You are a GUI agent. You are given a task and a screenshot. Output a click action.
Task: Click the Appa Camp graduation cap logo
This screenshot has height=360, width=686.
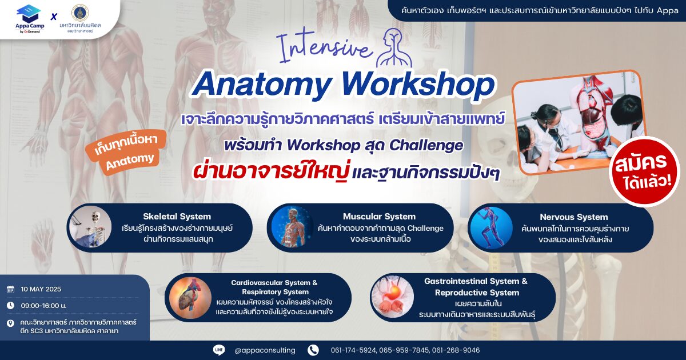(29, 14)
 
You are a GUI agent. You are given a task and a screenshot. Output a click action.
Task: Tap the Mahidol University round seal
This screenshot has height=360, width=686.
(80, 12)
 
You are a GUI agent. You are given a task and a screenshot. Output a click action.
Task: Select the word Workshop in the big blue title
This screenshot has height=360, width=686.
(418, 84)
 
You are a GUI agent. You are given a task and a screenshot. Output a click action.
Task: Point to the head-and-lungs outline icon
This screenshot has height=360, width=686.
(394, 48)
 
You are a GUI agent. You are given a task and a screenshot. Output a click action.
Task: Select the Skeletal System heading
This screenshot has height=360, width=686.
(177, 217)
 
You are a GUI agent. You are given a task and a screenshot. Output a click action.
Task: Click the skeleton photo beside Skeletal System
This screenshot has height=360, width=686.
(90, 226)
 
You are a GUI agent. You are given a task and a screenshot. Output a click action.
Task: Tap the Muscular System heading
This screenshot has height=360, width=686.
(379, 217)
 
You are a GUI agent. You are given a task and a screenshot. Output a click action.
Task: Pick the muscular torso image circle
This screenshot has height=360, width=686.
(293, 226)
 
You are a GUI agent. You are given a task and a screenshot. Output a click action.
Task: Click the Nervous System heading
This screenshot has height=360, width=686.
(573, 217)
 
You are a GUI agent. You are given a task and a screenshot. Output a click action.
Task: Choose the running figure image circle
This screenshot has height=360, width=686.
(492, 228)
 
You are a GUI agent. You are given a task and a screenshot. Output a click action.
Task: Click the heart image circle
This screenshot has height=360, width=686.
(190, 298)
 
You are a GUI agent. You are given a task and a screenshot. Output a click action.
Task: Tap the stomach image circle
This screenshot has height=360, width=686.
(392, 297)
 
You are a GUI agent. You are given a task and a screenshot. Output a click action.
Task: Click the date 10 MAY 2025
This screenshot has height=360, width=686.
(41, 289)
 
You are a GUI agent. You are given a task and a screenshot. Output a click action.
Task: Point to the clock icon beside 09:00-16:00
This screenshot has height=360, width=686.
(10, 305)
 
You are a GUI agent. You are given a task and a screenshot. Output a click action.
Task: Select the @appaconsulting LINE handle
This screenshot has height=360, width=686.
(265, 350)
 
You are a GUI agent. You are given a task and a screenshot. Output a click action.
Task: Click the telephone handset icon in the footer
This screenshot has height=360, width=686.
(313, 350)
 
